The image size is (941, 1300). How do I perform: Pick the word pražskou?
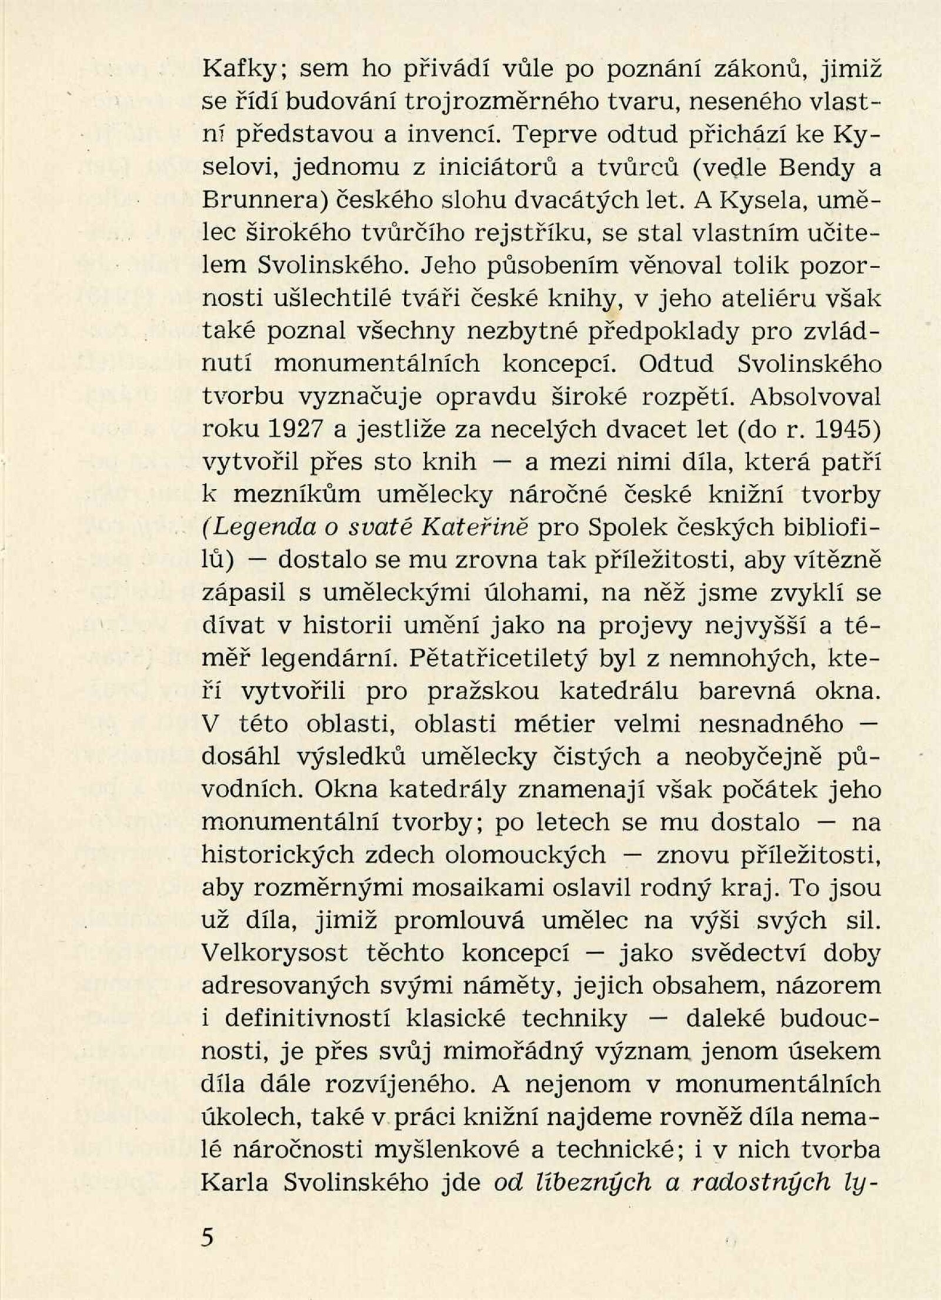pos(483,693)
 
